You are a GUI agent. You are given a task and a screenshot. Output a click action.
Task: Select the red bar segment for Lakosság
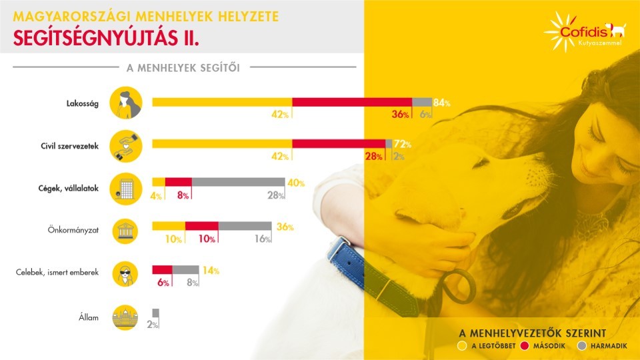[x=352, y=102]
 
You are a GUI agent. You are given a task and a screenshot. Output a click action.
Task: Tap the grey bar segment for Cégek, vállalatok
[x=238, y=182]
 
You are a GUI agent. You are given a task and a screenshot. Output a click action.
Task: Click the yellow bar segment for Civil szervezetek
[x=222, y=143]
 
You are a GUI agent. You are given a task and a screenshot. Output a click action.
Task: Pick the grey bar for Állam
[x=155, y=313]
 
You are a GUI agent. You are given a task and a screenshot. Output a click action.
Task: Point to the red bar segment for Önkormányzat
[x=201, y=226]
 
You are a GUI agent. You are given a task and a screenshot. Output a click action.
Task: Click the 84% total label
[x=442, y=103]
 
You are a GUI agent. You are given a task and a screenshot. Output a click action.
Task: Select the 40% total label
[x=295, y=183]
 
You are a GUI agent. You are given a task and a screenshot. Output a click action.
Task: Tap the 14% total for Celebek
[x=211, y=271]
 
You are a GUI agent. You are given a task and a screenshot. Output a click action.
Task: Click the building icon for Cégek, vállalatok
[x=124, y=189]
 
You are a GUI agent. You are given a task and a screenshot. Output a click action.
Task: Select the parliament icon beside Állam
[x=124, y=318]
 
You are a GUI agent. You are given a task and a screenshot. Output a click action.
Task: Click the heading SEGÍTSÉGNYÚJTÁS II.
[x=107, y=39]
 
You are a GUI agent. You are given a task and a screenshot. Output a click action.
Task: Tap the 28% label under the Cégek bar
[x=274, y=196]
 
